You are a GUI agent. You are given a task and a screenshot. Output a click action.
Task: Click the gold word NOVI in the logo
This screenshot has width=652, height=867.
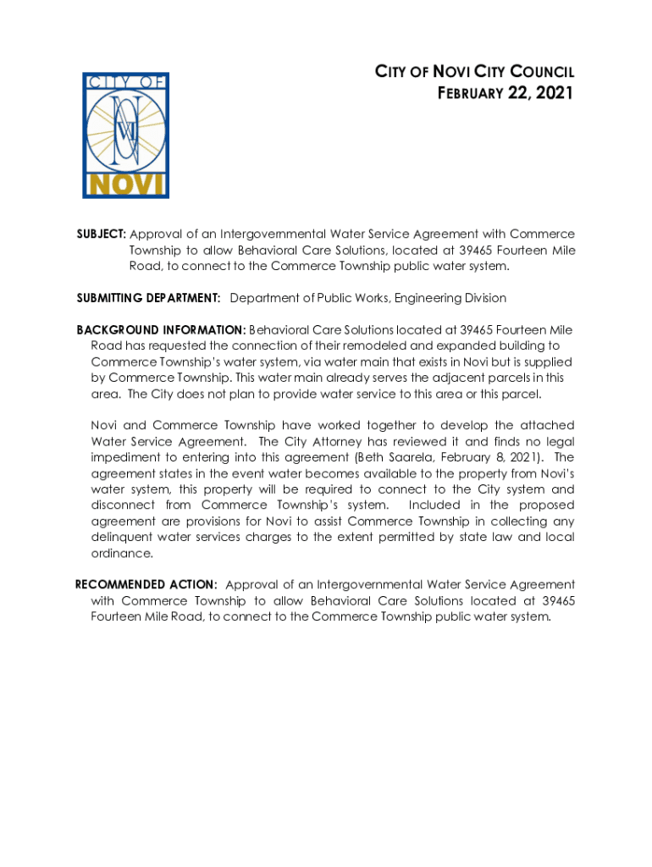tap(125, 184)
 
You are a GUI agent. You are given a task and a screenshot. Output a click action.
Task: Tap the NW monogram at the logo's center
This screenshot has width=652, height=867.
tap(128, 128)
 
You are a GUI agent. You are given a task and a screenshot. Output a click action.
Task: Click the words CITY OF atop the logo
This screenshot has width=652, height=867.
tap(125, 82)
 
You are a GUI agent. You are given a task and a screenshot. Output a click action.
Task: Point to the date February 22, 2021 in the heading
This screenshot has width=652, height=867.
tap(506, 92)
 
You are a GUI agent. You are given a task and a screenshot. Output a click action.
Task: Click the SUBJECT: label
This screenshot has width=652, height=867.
tap(102, 234)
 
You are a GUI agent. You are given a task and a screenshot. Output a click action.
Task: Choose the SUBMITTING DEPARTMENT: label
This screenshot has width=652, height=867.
tap(149, 298)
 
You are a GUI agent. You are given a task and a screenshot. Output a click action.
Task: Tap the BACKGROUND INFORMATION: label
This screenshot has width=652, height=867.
tap(162, 329)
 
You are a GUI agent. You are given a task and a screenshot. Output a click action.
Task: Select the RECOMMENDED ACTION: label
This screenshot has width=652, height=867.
tap(146, 585)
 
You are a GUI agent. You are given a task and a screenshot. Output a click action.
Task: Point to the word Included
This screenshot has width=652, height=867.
tap(436, 505)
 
